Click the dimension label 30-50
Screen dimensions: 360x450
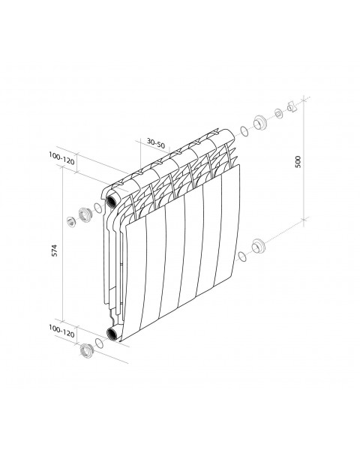156,143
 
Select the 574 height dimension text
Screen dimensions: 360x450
55,250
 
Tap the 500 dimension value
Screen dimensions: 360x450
298,161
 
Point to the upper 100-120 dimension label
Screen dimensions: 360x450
61,158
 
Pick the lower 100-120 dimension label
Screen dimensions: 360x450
61,331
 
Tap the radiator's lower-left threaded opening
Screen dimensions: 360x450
111,334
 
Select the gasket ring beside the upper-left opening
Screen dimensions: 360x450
97,208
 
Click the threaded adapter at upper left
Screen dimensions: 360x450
85,214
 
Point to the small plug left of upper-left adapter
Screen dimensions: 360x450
70,221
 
